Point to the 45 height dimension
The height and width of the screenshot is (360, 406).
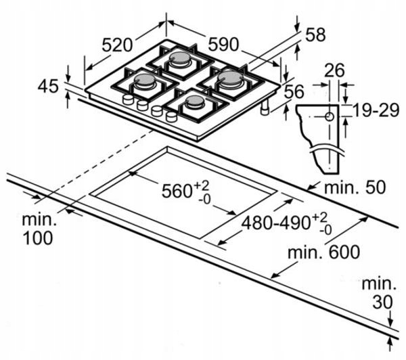[x=47, y=87]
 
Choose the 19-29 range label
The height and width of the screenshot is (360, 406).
[x=374, y=110]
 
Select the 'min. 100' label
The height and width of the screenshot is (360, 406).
[x=39, y=229]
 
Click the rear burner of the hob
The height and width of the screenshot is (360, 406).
[x=181, y=60]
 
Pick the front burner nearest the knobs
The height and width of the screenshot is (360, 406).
[x=194, y=103]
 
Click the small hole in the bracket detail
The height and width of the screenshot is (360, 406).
[x=329, y=116]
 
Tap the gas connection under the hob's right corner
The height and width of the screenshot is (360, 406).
[x=270, y=108]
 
